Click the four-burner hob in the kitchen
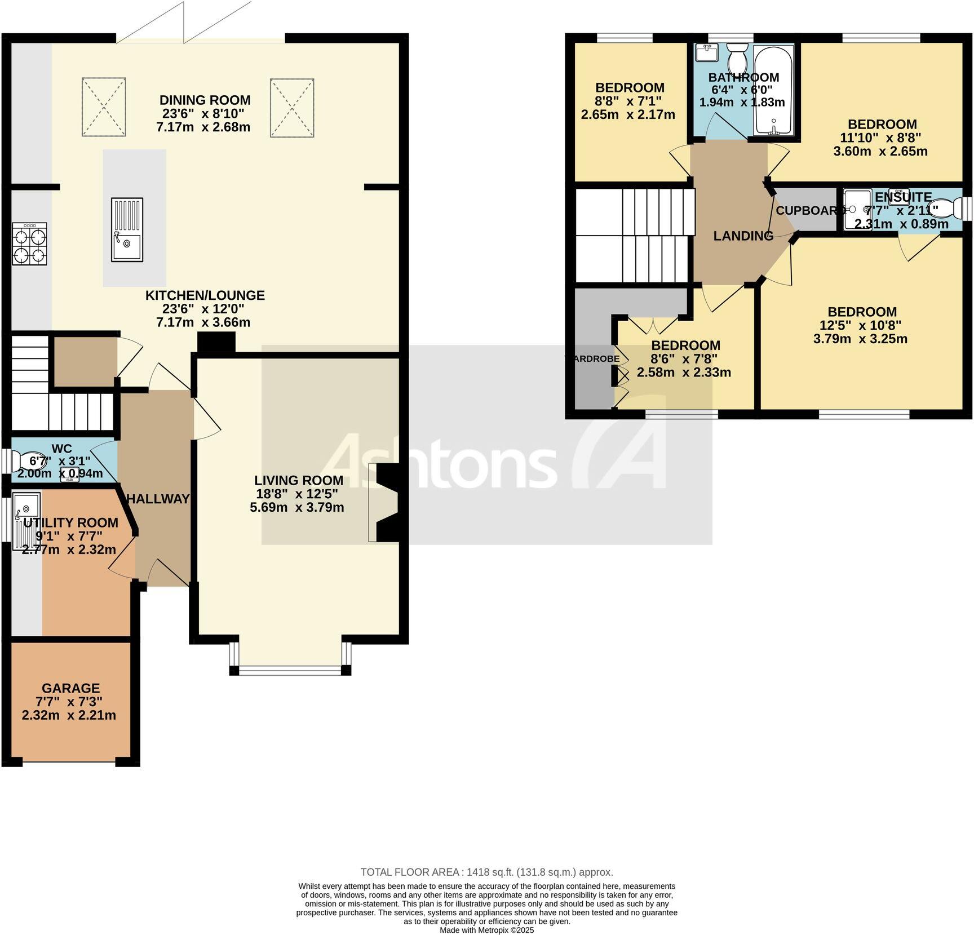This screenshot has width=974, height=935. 29,243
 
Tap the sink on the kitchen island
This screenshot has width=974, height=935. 127,229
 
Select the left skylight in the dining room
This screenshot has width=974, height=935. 104,107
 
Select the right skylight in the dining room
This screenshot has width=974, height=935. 291,107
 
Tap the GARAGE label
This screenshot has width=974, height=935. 70,688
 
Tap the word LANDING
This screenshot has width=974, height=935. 743,236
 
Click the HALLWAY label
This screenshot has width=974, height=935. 158,499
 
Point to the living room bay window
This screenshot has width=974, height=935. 290,670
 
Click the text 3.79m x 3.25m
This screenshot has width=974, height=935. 860,339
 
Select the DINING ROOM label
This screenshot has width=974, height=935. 205,100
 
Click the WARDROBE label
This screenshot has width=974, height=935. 593,358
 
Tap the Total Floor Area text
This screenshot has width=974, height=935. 486,872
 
